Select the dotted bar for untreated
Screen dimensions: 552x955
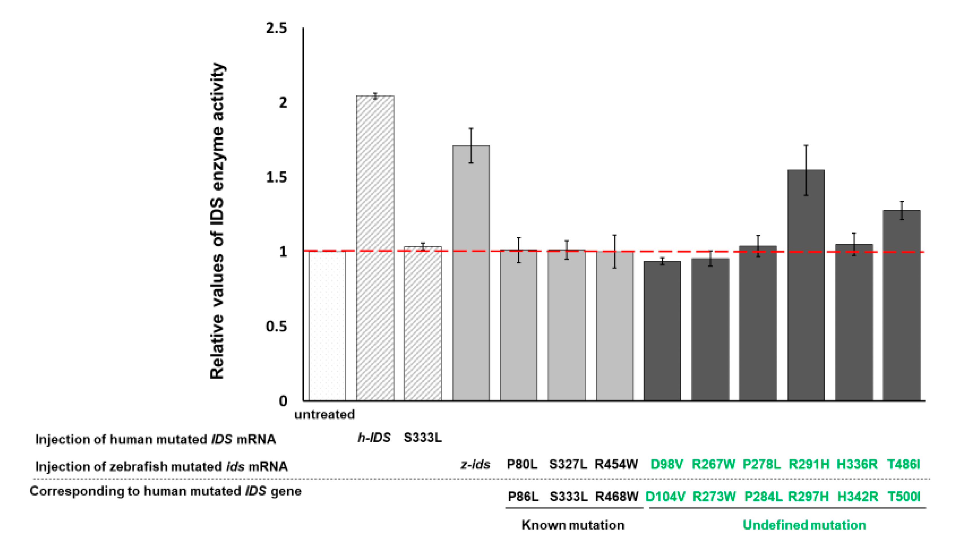[x=327, y=326]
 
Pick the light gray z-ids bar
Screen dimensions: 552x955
[x=471, y=273]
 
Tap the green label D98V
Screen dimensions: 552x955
[x=667, y=464]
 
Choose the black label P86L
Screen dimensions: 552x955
[x=523, y=496]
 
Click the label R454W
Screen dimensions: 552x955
[x=616, y=464]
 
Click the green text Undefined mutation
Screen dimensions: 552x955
[x=804, y=525]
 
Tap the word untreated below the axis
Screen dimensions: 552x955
[x=324, y=415]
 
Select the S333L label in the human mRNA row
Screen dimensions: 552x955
[x=422, y=438]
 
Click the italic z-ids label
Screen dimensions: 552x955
[x=475, y=464]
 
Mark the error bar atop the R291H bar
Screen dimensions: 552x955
[x=806, y=170]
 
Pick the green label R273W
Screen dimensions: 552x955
[x=714, y=496]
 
